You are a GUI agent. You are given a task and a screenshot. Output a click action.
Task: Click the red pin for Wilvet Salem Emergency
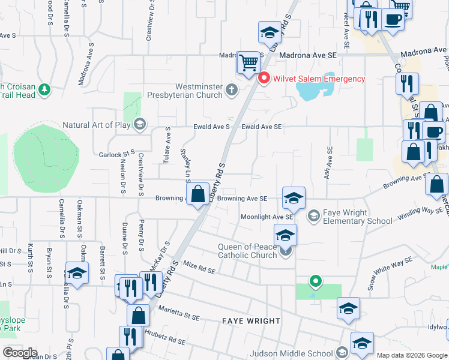click(263, 79)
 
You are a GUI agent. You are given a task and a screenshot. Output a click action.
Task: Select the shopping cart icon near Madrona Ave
click(248, 62)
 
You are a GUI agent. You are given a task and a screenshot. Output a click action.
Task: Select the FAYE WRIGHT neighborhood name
click(252, 321)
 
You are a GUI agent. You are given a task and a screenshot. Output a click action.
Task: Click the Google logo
click(20, 352)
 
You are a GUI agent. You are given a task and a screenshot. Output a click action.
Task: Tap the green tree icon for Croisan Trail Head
click(44, 90)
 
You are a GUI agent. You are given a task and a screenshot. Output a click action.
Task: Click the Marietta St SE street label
click(179, 312)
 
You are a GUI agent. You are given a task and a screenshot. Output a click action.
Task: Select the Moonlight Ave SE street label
click(267, 217)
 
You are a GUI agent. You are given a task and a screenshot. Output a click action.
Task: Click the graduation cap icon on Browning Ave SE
click(294, 198)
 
